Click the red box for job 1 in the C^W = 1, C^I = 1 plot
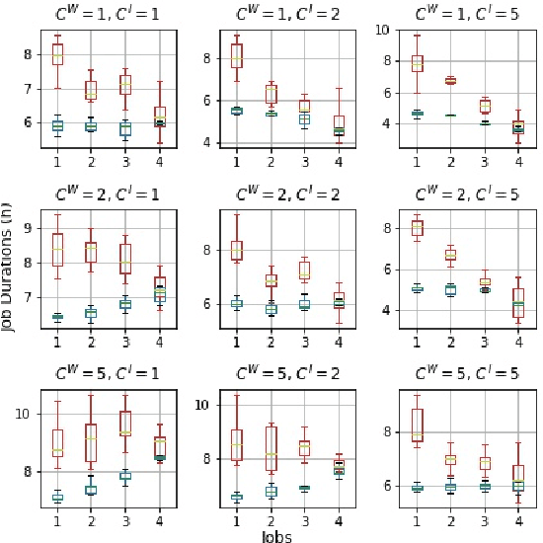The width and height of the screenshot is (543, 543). point(57,54)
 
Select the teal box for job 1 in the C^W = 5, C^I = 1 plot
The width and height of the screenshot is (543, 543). point(57,498)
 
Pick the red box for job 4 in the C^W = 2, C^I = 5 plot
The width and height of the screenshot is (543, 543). point(518,302)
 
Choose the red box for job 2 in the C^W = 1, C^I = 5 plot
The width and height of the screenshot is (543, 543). point(450,80)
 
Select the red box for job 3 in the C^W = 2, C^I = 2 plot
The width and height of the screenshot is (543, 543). point(304,270)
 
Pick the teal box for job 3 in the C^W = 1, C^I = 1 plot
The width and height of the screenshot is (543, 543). point(124,128)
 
